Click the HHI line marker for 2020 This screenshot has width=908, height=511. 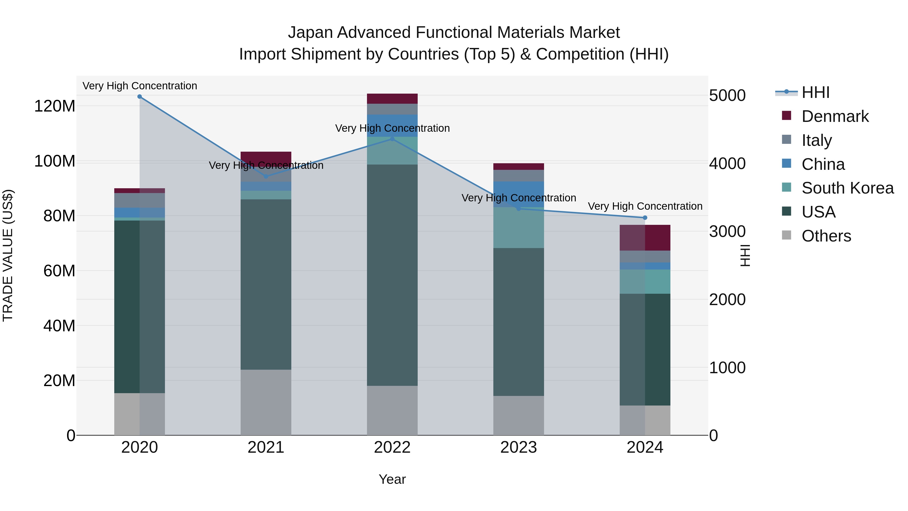(x=139, y=97)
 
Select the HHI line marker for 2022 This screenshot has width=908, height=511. (x=392, y=139)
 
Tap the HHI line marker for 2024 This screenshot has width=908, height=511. (x=645, y=218)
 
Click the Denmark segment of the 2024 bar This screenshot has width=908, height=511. (x=645, y=238)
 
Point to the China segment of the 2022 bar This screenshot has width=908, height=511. (x=392, y=126)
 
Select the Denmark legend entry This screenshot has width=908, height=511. (x=835, y=116)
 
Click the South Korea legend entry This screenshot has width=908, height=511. (x=847, y=188)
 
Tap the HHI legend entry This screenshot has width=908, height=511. (x=815, y=92)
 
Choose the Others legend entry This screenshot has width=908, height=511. (x=826, y=236)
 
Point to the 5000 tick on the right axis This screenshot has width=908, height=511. (x=727, y=96)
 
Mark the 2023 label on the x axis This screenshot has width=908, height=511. (x=519, y=447)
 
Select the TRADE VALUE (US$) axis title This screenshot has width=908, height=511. (x=8, y=255)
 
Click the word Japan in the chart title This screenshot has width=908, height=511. (x=310, y=33)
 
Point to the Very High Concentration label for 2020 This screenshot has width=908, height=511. (x=139, y=86)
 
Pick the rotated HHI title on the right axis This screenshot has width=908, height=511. (x=745, y=255)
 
